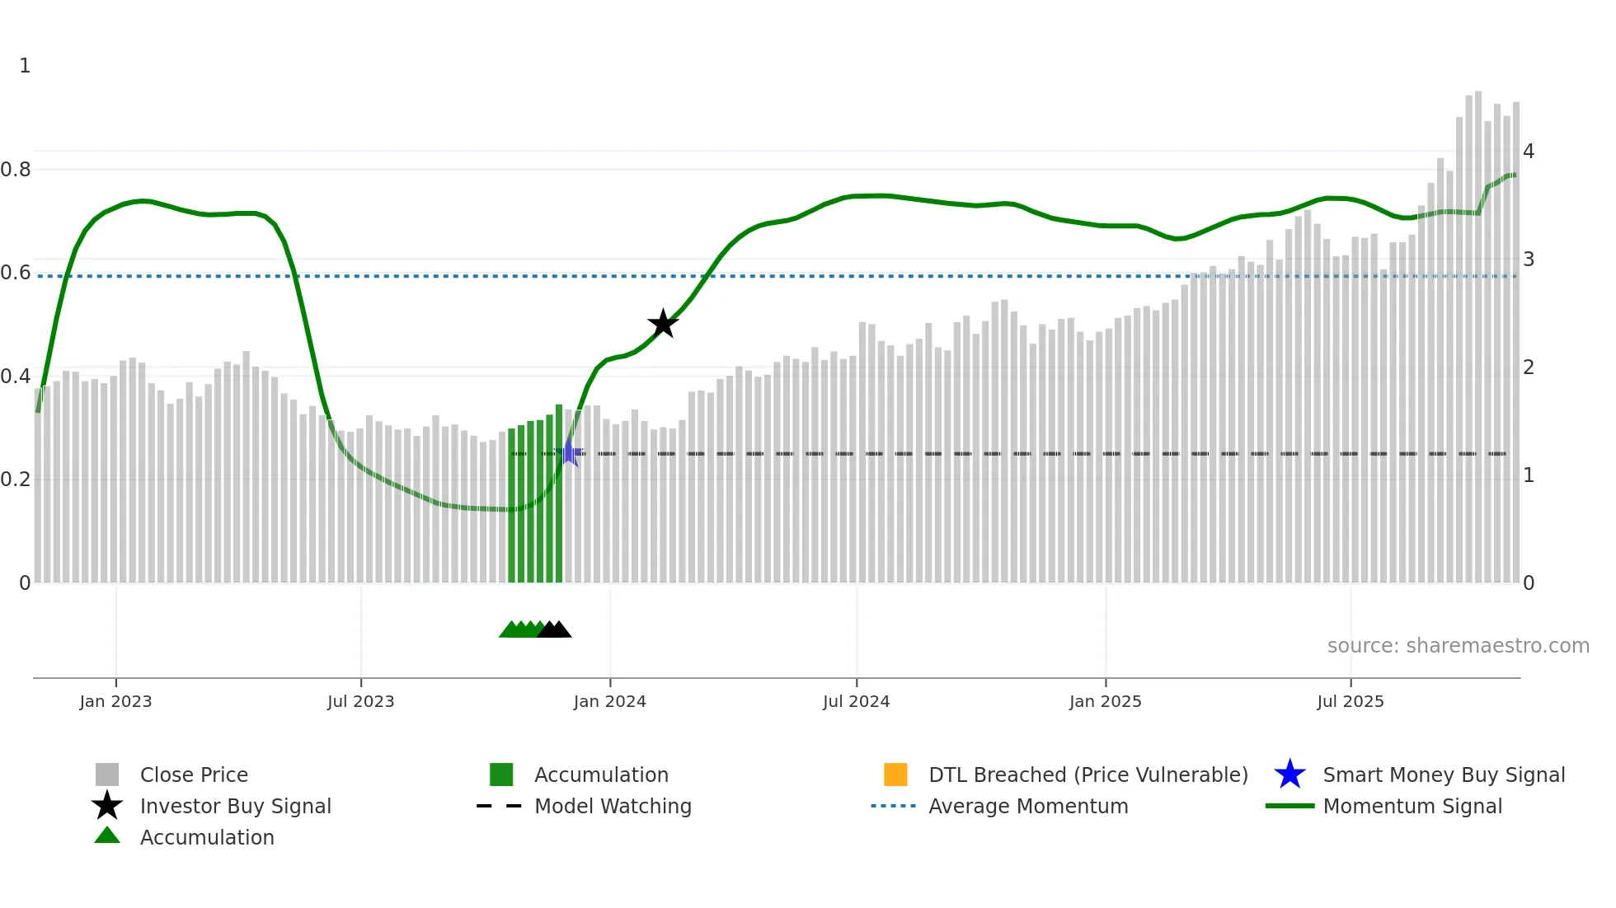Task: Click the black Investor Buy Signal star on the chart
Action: click(663, 324)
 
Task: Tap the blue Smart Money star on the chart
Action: click(569, 452)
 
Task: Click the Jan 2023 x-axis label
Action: click(115, 701)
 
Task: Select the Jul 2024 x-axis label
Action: click(856, 701)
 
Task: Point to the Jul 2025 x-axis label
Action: click(1350, 701)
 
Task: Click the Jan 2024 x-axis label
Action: click(609, 701)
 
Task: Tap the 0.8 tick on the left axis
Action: click(16, 170)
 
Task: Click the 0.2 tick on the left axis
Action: click(16, 480)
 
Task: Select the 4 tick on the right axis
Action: click(1529, 152)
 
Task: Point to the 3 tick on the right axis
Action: click(1529, 260)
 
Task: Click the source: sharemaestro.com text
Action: click(1458, 646)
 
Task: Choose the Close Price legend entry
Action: click(194, 775)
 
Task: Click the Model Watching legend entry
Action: click(613, 806)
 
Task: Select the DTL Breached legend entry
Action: click(1088, 775)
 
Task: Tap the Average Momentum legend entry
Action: click(1028, 806)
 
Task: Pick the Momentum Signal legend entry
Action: click(1412, 806)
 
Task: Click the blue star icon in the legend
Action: click(1290, 775)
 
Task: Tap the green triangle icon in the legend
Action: click(107, 835)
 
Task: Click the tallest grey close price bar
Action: click(1478, 330)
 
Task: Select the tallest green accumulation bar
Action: click(559, 494)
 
